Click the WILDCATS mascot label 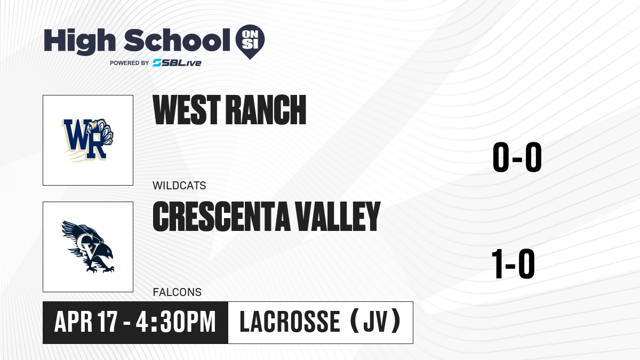179,186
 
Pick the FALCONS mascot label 177,292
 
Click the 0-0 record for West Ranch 517,157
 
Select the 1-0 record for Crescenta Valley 513,263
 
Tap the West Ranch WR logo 87,140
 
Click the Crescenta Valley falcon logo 87,246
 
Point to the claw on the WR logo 102,131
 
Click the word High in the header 80,42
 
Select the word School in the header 177,40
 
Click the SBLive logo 177,63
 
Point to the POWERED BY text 130,63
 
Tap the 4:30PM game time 175,322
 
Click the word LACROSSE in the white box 290,322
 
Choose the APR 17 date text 86,322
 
